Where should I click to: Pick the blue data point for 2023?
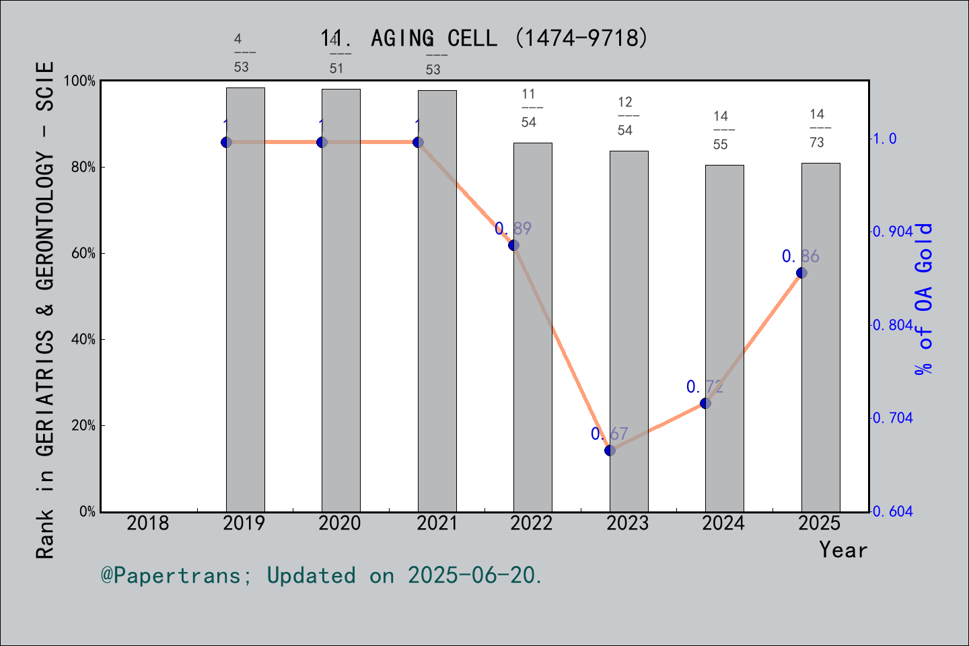[610, 450]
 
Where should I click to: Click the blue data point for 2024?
[705, 403]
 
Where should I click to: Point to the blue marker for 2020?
[322, 142]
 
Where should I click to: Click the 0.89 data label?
[513, 229]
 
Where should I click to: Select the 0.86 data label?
[801, 256]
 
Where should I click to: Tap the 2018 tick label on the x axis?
[148, 523]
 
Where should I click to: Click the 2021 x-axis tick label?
[437, 523]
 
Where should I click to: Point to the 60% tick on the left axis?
[83, 254]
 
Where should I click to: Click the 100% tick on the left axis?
[80, 81]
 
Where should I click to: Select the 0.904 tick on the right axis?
[893, 231]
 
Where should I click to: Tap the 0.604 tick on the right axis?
[893, 511]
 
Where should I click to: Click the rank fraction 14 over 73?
[817, 128]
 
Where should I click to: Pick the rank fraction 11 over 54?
[529, 108]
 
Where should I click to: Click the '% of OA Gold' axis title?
[924, 299]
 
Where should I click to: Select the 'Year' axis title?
[843, 550]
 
